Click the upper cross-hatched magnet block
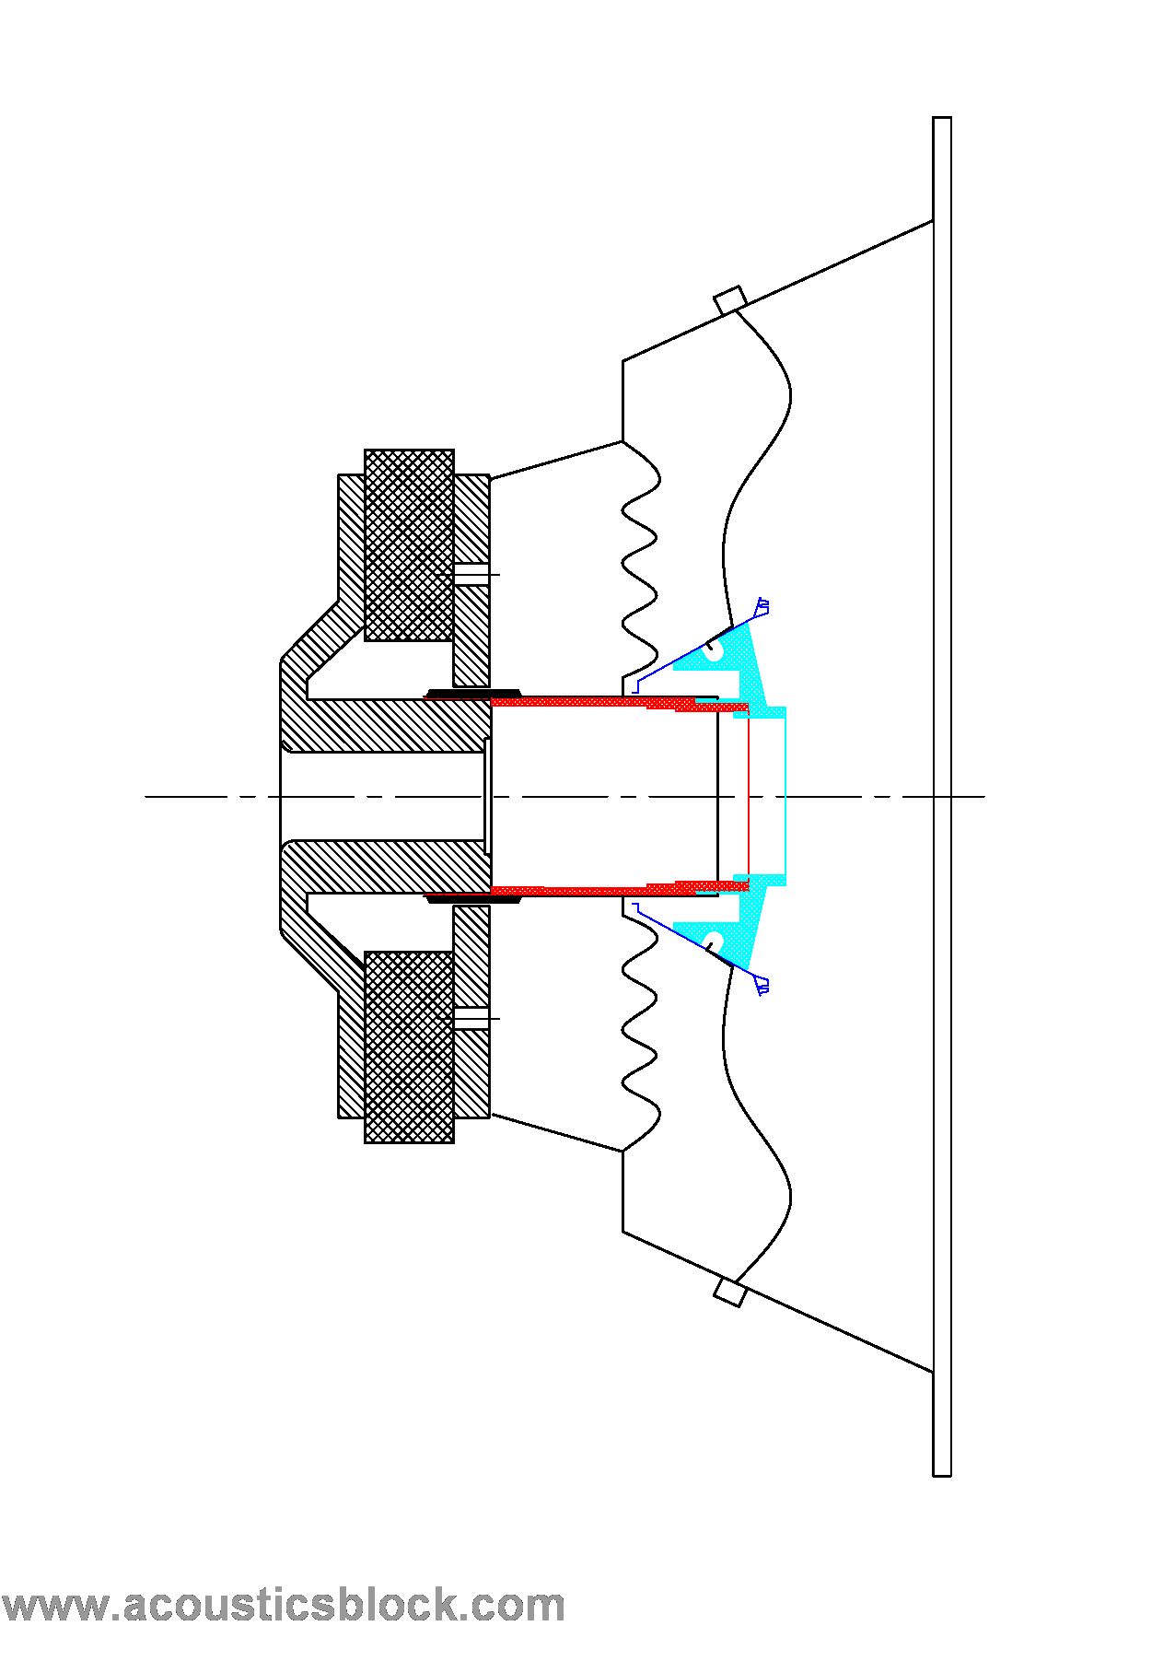(x=409, y=544)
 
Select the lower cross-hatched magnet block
(x=409, y=1047)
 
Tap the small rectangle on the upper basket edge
(x=729, y=300)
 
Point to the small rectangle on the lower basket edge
(x=729, y=1292)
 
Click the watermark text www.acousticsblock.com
(x=283, y=1605)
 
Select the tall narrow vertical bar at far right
(x=941, y=797)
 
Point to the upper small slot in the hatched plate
(x=471, y=574)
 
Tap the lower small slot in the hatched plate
(x=471, y=1018)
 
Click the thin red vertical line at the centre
(x=749, y=796)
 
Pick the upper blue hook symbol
(x=762, y=607)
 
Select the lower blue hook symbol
(x=762, y=986)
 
